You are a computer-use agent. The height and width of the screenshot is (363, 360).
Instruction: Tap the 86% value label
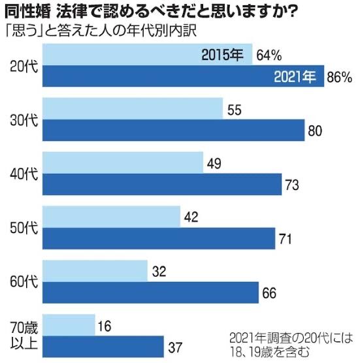(x=340, y=77)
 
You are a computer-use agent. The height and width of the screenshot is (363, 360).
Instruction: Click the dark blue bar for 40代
(x=161, y=185)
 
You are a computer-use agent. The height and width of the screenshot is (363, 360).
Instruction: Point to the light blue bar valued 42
(x=111, y=216)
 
